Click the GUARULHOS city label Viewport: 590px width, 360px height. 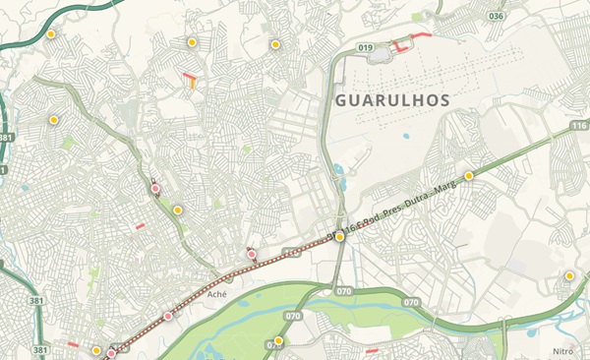pyautogui.click(x=391, y=100)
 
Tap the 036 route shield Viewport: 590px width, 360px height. pyautogui.click(x=497, y=17)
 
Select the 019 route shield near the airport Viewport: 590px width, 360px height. pyautogui.click(x=367, y=46)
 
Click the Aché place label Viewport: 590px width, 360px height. pyautogui.click(x=217, y=306)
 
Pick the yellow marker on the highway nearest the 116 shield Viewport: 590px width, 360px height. pyautogui.click(x=469, y=175)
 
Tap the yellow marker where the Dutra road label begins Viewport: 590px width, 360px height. pyautogui.click(x=339, y=237)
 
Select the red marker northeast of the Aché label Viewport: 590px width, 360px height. pyautogui.click(x=252, y=255)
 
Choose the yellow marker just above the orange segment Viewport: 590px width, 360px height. pyautogui.click(x=192, y=42)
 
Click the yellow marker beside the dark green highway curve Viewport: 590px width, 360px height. pyautogui.click(x=51, y=34)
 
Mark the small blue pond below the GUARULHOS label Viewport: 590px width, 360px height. pyautogui.click(x=405, y=136)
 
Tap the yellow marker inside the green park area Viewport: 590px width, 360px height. pyautogui.click(x=278, y=341)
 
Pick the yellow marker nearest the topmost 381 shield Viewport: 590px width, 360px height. pyautogui.click(x=53, y=120)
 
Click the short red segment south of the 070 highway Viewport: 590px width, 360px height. pyautogui.click(x=372, y=349)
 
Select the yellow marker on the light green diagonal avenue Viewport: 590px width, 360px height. pyautogui.click(x=178, y=210)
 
